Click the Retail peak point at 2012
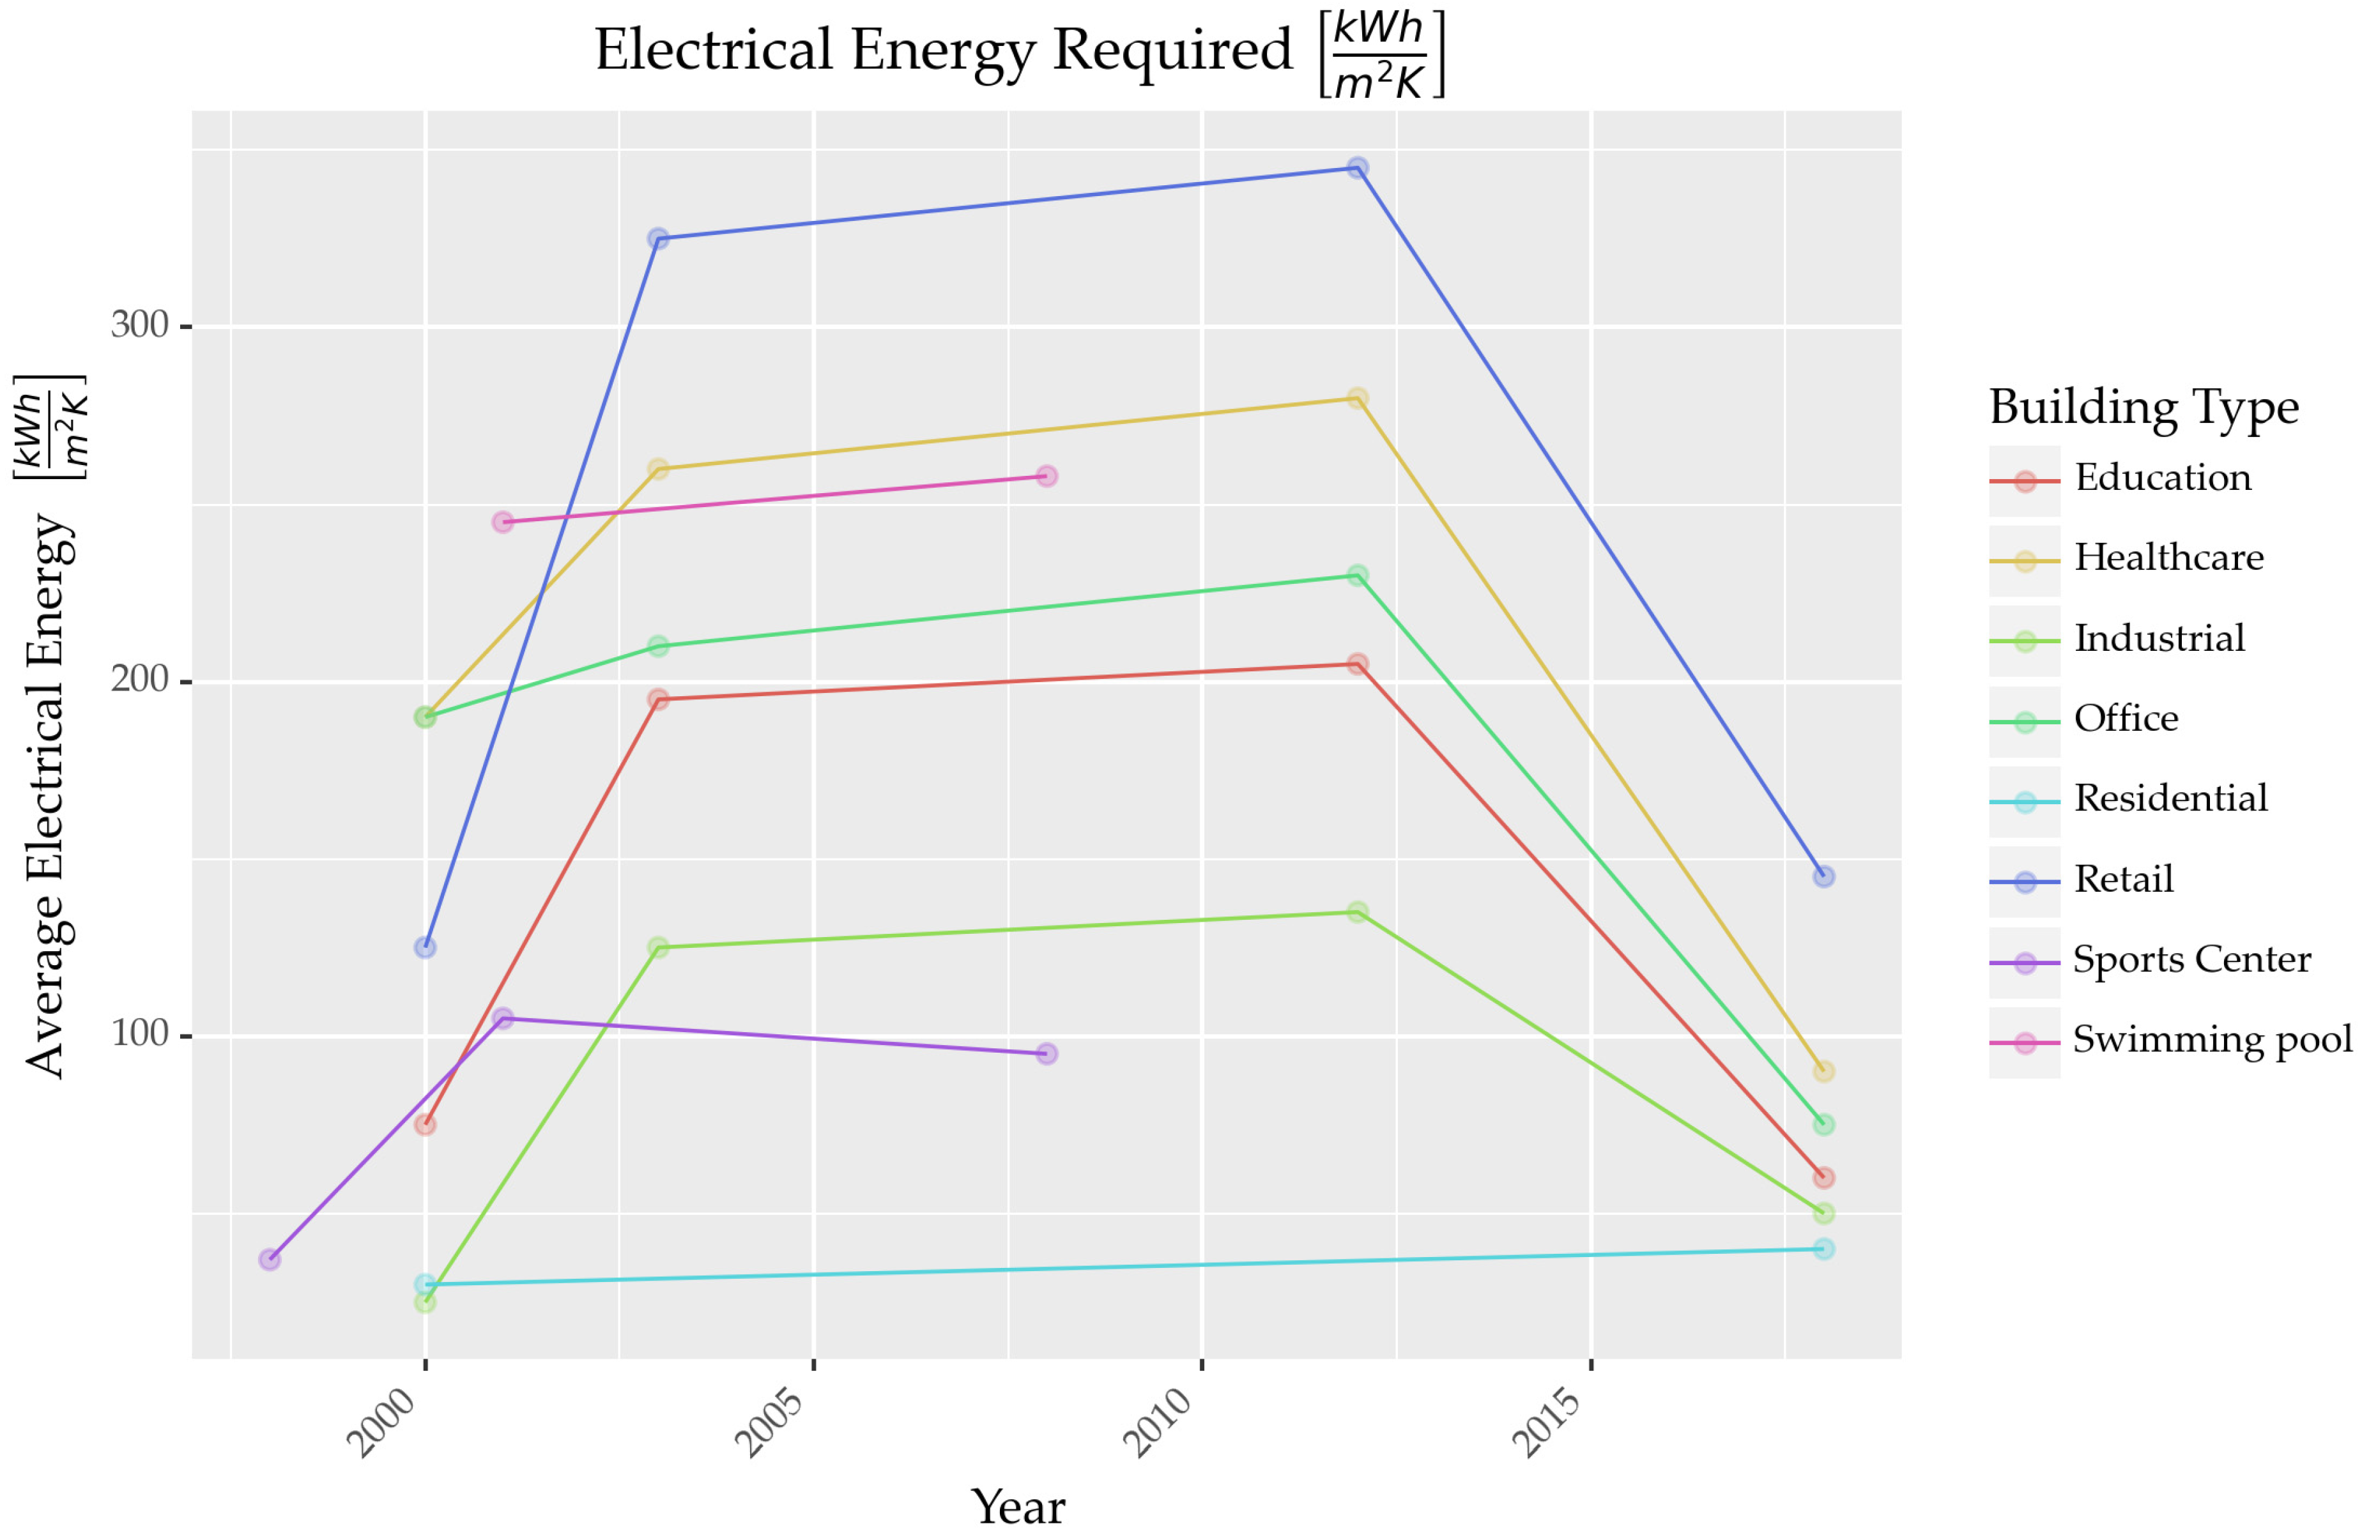1356,168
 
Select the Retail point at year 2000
425,947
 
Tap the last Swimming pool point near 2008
1046,477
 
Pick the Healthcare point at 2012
1356,398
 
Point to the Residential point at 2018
1823,1248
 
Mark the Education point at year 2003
658,699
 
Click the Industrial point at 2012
1356,911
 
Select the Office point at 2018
1823,1124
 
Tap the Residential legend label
2170,798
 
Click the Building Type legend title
2143,407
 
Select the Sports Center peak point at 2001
503,1018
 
